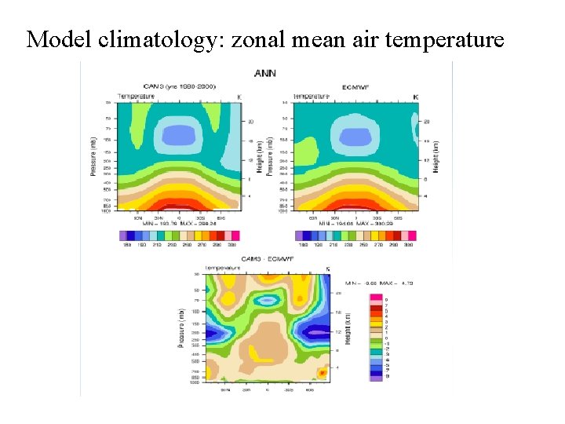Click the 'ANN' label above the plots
(265, 73)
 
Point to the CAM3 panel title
(180, 86)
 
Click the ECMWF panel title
(355, 86)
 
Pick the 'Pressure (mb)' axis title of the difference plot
(180, 327)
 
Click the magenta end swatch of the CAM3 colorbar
(235, 236)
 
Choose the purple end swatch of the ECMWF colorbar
(301, 236)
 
